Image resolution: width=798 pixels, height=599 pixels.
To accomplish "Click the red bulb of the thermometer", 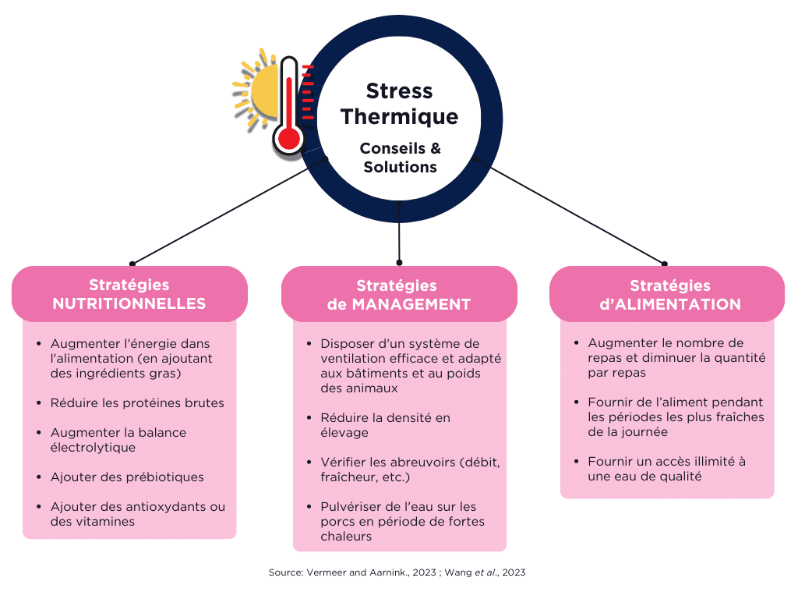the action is [289, 138].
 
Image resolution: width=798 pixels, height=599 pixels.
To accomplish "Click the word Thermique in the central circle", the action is [400, 117].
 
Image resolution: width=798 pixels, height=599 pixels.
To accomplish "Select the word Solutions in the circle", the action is [400, 167].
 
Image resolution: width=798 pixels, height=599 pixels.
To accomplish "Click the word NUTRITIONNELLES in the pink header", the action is [129, 303].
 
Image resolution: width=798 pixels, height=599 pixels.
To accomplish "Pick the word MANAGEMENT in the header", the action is [411, 304].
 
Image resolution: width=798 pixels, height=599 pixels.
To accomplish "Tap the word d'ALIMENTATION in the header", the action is [669, 304].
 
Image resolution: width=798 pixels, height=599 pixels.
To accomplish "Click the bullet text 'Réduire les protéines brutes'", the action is [137, 403].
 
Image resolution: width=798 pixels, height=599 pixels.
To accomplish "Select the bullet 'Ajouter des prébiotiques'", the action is [127, 477].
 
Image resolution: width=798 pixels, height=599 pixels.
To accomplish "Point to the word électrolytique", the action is [94, 447].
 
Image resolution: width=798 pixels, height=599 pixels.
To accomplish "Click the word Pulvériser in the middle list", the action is [351, 507].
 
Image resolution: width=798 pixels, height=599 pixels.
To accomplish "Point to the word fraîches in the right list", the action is [740, 417].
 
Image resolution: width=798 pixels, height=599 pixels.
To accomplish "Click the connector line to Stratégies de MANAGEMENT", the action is [399, 232].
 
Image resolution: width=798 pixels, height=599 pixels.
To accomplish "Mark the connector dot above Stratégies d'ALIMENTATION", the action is [664, 264].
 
